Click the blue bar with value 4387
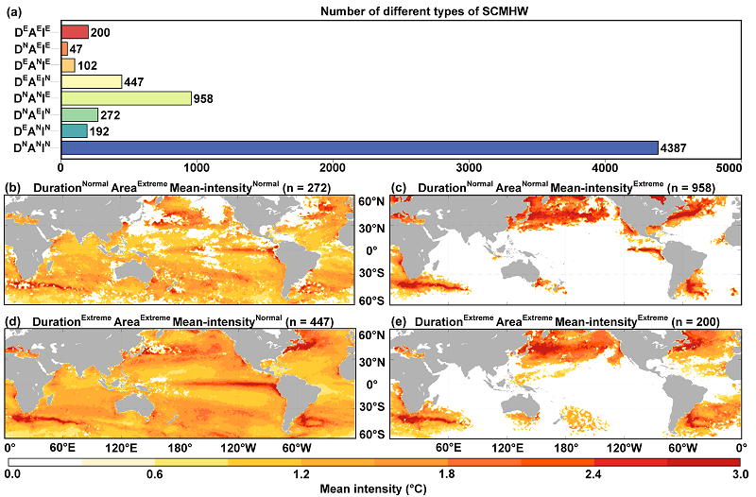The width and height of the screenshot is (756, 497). tap(359, 147)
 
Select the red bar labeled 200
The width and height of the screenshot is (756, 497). tap(75, 32)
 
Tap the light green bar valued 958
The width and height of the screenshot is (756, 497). tap(126, 97)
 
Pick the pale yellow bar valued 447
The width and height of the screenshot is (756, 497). tap(92, 81)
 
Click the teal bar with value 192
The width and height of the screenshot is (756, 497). tap(74, 130)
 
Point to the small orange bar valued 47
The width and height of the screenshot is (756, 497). tap(64, 48)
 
